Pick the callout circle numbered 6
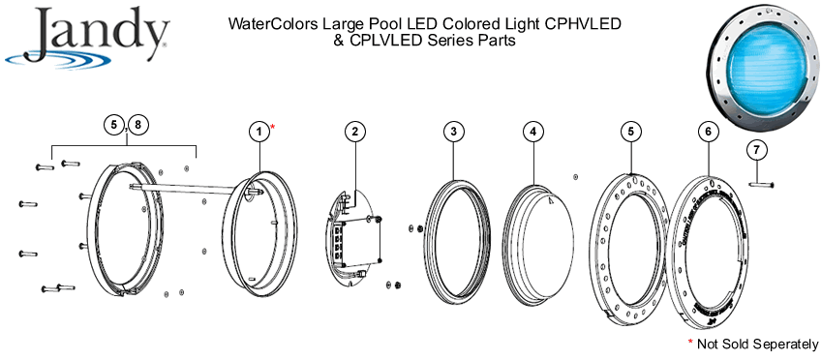[x=709, y=130]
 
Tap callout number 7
[x=758, y=149]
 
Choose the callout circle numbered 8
[x=139, y=124]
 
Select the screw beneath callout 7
[x=760, y=180]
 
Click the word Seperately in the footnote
[x=779, y=344]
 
